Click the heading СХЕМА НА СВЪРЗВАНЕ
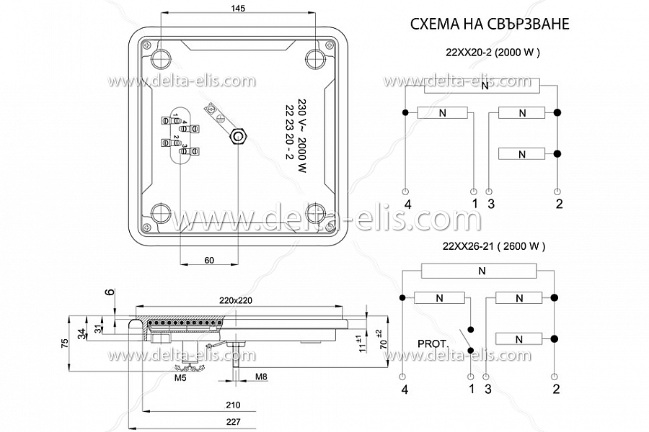pyautogui.click(x=490, y=24)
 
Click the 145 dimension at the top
pyautogui.click(x=237, y=8)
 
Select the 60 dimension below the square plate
pyautogui.click(x=209, y=260)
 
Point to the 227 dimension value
pyautogui.click(x=233, y=422)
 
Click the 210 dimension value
pyautogui.click(x=233, y=405)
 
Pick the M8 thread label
pyautogui.click(x=261, y=377)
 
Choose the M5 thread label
pyautogui.click(x=180, y=377)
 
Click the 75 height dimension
pyautogui.click(x=65, y=343)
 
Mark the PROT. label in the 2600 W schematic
pyautogui.click(x=433, y=344)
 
